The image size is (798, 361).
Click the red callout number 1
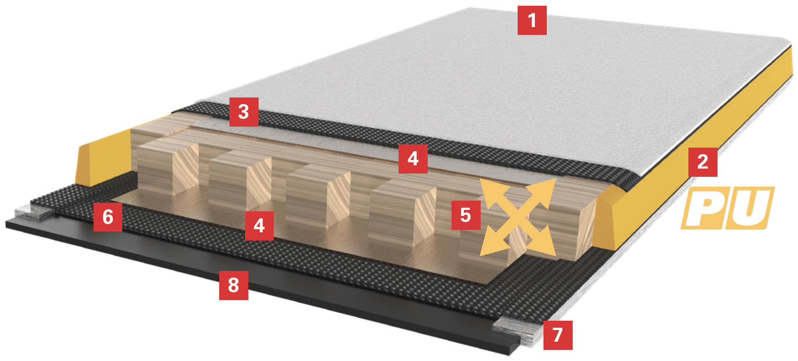point(532,20)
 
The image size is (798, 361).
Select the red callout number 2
point(703,162)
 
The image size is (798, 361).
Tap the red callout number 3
point(244,112)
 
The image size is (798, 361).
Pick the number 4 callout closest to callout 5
point(413,159)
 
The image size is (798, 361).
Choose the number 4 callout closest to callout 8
point(259,226)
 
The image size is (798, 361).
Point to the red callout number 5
point(466,215)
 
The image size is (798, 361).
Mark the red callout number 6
point(108,217)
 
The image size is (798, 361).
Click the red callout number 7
point(558,335)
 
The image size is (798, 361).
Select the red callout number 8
point(234,285)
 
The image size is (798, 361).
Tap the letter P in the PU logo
point(704,208)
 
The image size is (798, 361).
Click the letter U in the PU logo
point(750,208)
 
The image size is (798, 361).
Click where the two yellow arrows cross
point(518,217)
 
